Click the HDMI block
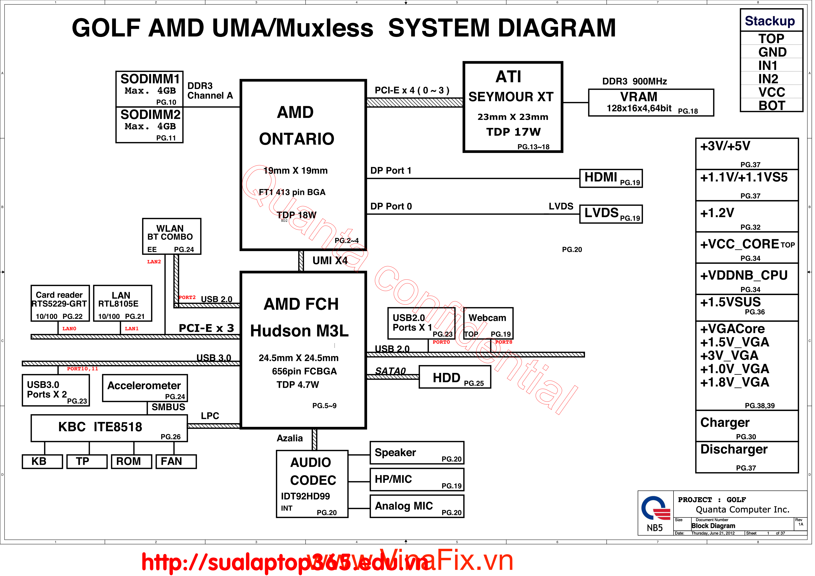(x=611, y=178)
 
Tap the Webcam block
(x=488, y=323)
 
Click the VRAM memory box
(x=651, y=102)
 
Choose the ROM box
(x=131, y=461)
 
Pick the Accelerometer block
(x=145, y=388)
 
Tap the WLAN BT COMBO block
(x=171, y=236)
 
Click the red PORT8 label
(x=503, y=342)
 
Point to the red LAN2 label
(x=154, y=262)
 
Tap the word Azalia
(x=290, y=438)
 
